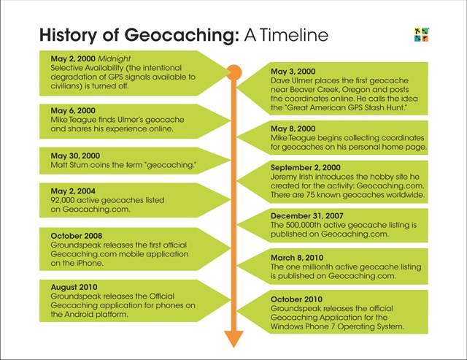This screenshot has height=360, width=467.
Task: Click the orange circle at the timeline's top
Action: (233, 72)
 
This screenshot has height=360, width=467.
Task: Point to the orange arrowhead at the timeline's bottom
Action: (233, 337)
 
